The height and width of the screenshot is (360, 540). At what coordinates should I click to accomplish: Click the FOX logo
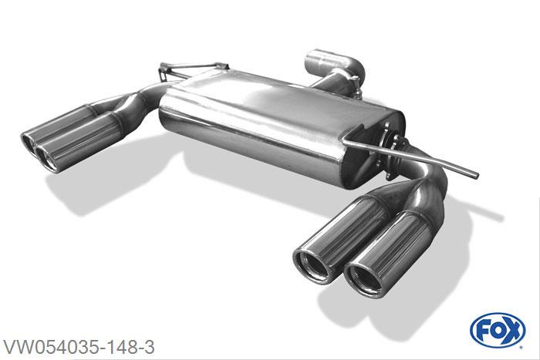(x=498, y=331)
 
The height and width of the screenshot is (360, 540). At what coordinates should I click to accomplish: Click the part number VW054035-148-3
(x=79, y=347)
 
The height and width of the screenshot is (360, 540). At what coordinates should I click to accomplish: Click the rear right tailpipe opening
(x=312, y=266)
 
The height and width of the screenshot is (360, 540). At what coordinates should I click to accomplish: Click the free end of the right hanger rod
(x=476, y=176)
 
